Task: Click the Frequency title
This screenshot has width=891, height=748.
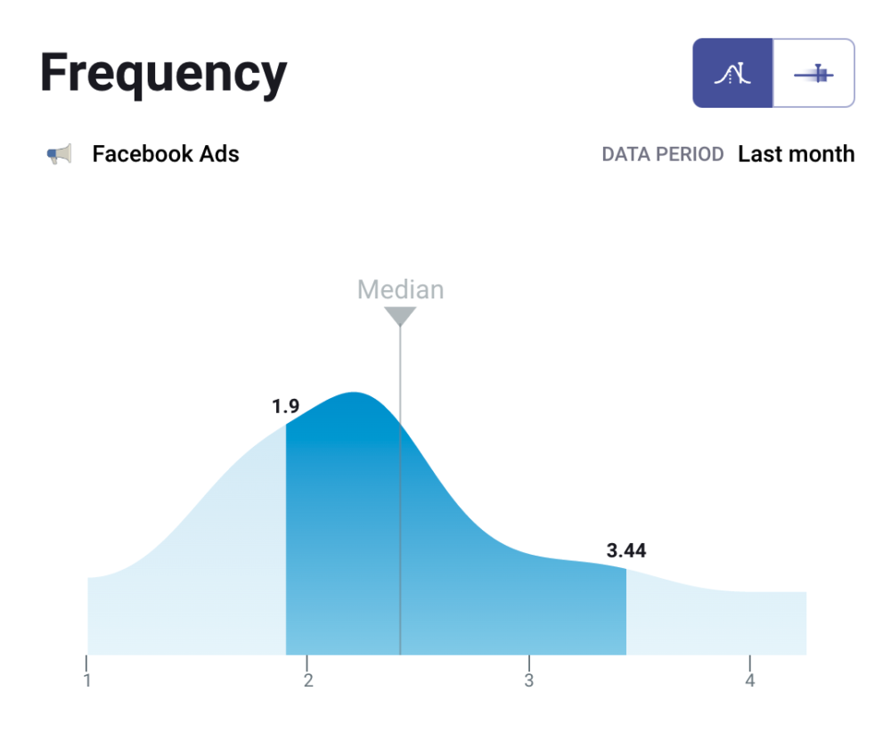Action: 163,73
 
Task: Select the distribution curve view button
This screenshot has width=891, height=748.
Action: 732,73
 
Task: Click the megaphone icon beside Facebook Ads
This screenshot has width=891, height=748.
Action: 59,155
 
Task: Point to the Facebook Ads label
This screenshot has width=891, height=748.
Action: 166,154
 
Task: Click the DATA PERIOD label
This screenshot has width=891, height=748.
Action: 662,155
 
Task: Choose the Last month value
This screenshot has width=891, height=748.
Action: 796,154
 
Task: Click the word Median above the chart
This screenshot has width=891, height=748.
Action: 400,289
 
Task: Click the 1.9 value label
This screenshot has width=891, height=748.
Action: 285,407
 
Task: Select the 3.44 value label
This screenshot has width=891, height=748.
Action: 625,551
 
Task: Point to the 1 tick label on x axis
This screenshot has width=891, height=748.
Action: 87,681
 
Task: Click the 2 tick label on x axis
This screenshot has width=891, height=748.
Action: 308,681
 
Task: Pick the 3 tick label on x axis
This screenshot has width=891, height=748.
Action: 529,681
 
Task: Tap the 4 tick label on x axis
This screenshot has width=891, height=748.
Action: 750,681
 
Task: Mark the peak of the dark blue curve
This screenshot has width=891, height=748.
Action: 355,394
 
